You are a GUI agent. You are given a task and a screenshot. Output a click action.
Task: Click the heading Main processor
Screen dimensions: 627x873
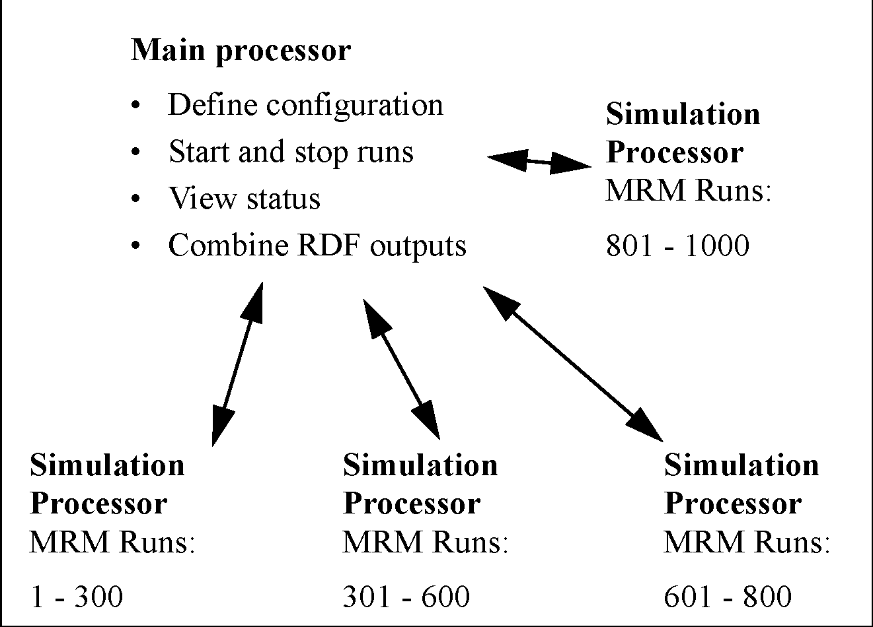(x=241, y=50)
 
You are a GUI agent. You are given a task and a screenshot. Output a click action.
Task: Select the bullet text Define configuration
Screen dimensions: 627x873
(x=305, y=105)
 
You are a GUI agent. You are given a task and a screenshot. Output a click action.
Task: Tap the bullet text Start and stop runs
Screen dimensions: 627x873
(x=291, y=152)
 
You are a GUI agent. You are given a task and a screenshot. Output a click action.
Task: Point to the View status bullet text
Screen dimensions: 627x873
(x=245, y=199)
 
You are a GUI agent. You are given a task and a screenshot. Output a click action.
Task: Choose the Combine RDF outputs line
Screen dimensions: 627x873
(x=317, y=246)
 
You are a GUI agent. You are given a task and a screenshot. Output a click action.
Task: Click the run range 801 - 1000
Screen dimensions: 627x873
(x=677, y=246)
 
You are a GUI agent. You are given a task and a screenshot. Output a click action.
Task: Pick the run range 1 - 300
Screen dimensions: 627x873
(x=76, y=597)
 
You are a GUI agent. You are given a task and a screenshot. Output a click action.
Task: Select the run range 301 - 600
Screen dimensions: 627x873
(x=406, y=597)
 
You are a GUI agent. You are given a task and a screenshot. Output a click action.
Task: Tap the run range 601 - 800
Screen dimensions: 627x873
(x=727, y=597)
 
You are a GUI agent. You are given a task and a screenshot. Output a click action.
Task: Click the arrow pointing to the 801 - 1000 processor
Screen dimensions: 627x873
(x=539, y=161)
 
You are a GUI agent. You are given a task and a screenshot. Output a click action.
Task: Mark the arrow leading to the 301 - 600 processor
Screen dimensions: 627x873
(x=401, y=368)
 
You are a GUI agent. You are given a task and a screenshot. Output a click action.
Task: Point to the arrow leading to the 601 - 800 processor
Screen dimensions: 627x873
(x=573, y=364)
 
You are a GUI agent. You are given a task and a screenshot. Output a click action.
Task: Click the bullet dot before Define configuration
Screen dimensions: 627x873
(x=136, y=106)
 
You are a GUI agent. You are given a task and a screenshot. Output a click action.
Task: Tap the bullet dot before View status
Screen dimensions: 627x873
(x=136, y=199)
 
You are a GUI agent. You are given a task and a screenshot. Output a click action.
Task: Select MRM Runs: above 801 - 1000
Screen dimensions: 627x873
(x=688, y=192)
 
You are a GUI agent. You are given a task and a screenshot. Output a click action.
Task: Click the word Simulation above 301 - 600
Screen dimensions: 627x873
(x=420, y=465)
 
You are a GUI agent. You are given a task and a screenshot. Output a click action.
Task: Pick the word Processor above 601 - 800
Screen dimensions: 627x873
(x=732, y=504)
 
